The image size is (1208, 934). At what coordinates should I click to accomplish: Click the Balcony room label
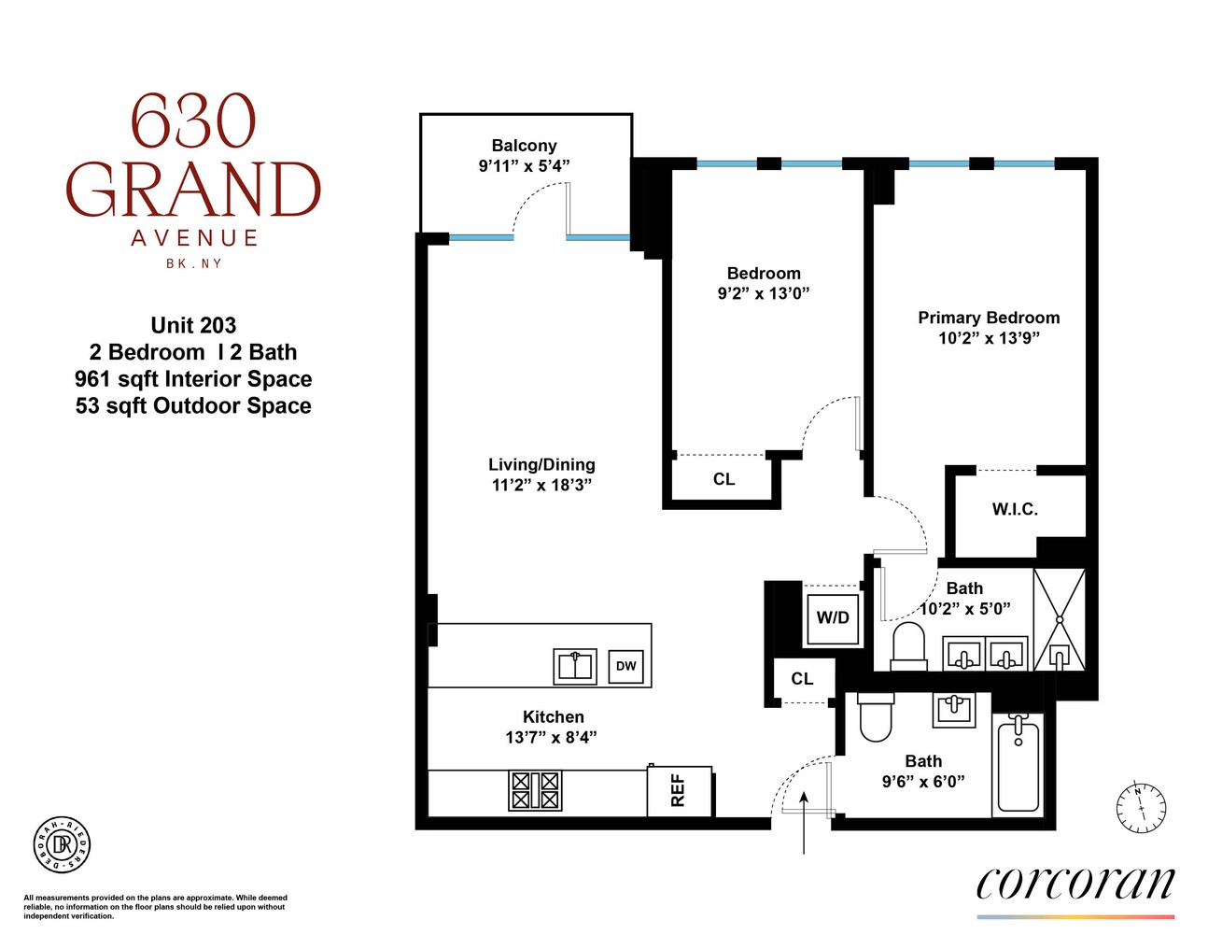pyautogui.click(x=524, y=146)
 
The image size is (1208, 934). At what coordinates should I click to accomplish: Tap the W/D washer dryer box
pyautogui.click(x=833, y=617)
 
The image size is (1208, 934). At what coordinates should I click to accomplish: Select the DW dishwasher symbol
pyautogui.click(x=625, y=666)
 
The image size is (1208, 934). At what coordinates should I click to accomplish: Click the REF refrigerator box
pyautogui.click(x=679, y=790)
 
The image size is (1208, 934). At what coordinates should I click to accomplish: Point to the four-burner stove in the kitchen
pyautogui.click(x=535, y=790)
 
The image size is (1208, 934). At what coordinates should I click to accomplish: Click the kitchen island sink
pyautogui.click(x=575, y=666)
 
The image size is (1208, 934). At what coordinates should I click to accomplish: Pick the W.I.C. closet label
pyautogui.click(x=1015, y=510)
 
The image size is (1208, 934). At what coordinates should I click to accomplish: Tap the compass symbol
pyautogui.click(x=1141, y=807)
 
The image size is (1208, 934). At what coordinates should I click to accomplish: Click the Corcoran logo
pyautogui.click(x=1075, y=884)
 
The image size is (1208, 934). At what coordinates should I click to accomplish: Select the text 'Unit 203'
pyautogui.click(x=193, y=326)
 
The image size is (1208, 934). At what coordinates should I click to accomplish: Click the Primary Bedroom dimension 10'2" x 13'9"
pyautogui.click(x=989, y=338)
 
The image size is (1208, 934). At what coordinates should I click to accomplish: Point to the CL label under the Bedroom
pyautogui.click(x=723, y=479)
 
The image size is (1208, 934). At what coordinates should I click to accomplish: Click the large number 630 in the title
pyautogui.click(x=192, y=122)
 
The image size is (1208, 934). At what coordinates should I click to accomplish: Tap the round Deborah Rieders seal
pyautogui.click(x=62, y=844)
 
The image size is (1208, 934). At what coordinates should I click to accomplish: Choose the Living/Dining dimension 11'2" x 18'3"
pyautogui.click(x=541, y=485)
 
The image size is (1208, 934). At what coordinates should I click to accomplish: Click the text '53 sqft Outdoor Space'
pyautogui.click(x=193, y=406)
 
